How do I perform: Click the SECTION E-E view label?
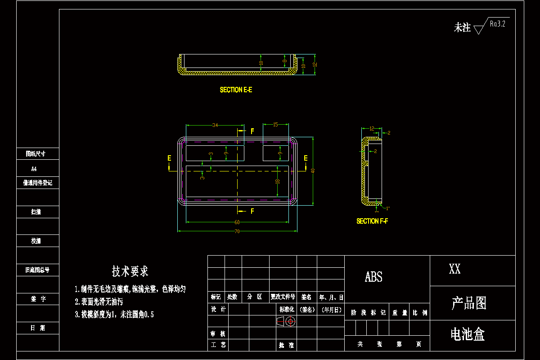click(x=236, y=90)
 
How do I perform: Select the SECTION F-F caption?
click(x=372, y=221)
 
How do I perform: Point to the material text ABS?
click(x=373, y=277)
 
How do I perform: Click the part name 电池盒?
click(x=468, y=334)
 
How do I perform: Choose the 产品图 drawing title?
click(x=469, y=303)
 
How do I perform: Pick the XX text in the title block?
click(x=454, y=270)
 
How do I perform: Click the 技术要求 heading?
click(x=130, y=271)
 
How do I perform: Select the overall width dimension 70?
click(x=237, y=231)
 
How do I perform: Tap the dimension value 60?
click(x=237, y=222)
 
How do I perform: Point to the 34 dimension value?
click(x=215, y=125)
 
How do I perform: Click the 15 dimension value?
click(x=275, y=125)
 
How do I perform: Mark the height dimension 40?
click(x=313, y=170)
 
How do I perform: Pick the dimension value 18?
click(x=278, y=181)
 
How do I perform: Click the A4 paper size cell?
click(x=34, y=169)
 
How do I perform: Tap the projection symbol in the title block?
click(x=285, y=321)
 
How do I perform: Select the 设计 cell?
click(x=219, y=310)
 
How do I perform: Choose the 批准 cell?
click(x=286, y=345)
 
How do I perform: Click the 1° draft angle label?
click(x=388, y=208)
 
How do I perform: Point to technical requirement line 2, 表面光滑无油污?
click(x=99, y=302)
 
